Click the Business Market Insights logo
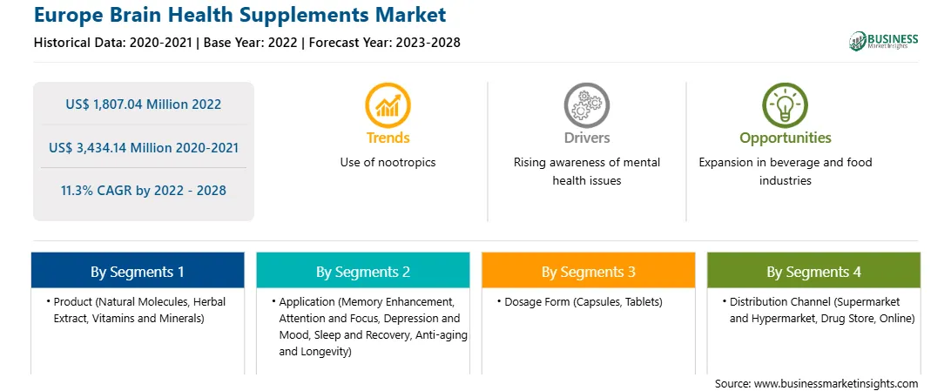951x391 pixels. (x=883, y=41)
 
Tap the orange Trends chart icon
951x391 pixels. (x=388, y=104)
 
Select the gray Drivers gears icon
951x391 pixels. (x=586, y=104)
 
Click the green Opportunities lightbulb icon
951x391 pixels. (x=785, y=104)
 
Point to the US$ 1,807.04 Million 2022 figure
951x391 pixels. (x=143, y=104)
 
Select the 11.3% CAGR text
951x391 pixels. (x=94, y=191)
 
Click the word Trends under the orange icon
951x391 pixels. (x=388, y=138)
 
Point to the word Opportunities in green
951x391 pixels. (x=785, y=138)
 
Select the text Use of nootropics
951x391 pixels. (x=388, y=162)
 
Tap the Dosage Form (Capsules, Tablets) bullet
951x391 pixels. (x=583, y=301)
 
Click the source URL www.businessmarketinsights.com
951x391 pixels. (x=836, y=383)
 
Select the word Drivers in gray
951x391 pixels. (x=586, y=138)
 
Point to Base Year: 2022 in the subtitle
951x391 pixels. (x=252, y=43)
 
